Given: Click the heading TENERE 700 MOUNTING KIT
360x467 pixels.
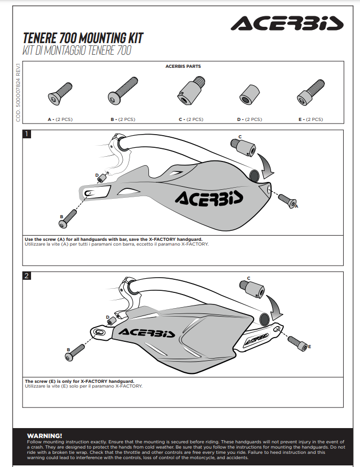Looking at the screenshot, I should [83, 38].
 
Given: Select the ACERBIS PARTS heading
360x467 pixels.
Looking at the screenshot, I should [183, 67].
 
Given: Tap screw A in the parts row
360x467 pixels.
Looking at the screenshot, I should [60, 93].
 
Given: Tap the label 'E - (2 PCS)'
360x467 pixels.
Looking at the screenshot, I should [311, 119].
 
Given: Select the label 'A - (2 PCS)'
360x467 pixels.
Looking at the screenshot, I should [61, 119].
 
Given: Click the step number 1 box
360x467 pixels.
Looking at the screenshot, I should [27, 134].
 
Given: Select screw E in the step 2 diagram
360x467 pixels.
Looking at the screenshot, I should [297, 342].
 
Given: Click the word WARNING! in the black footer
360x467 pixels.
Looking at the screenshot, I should [44, 435].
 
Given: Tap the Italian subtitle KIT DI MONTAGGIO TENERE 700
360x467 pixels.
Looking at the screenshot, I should [77, 51].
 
